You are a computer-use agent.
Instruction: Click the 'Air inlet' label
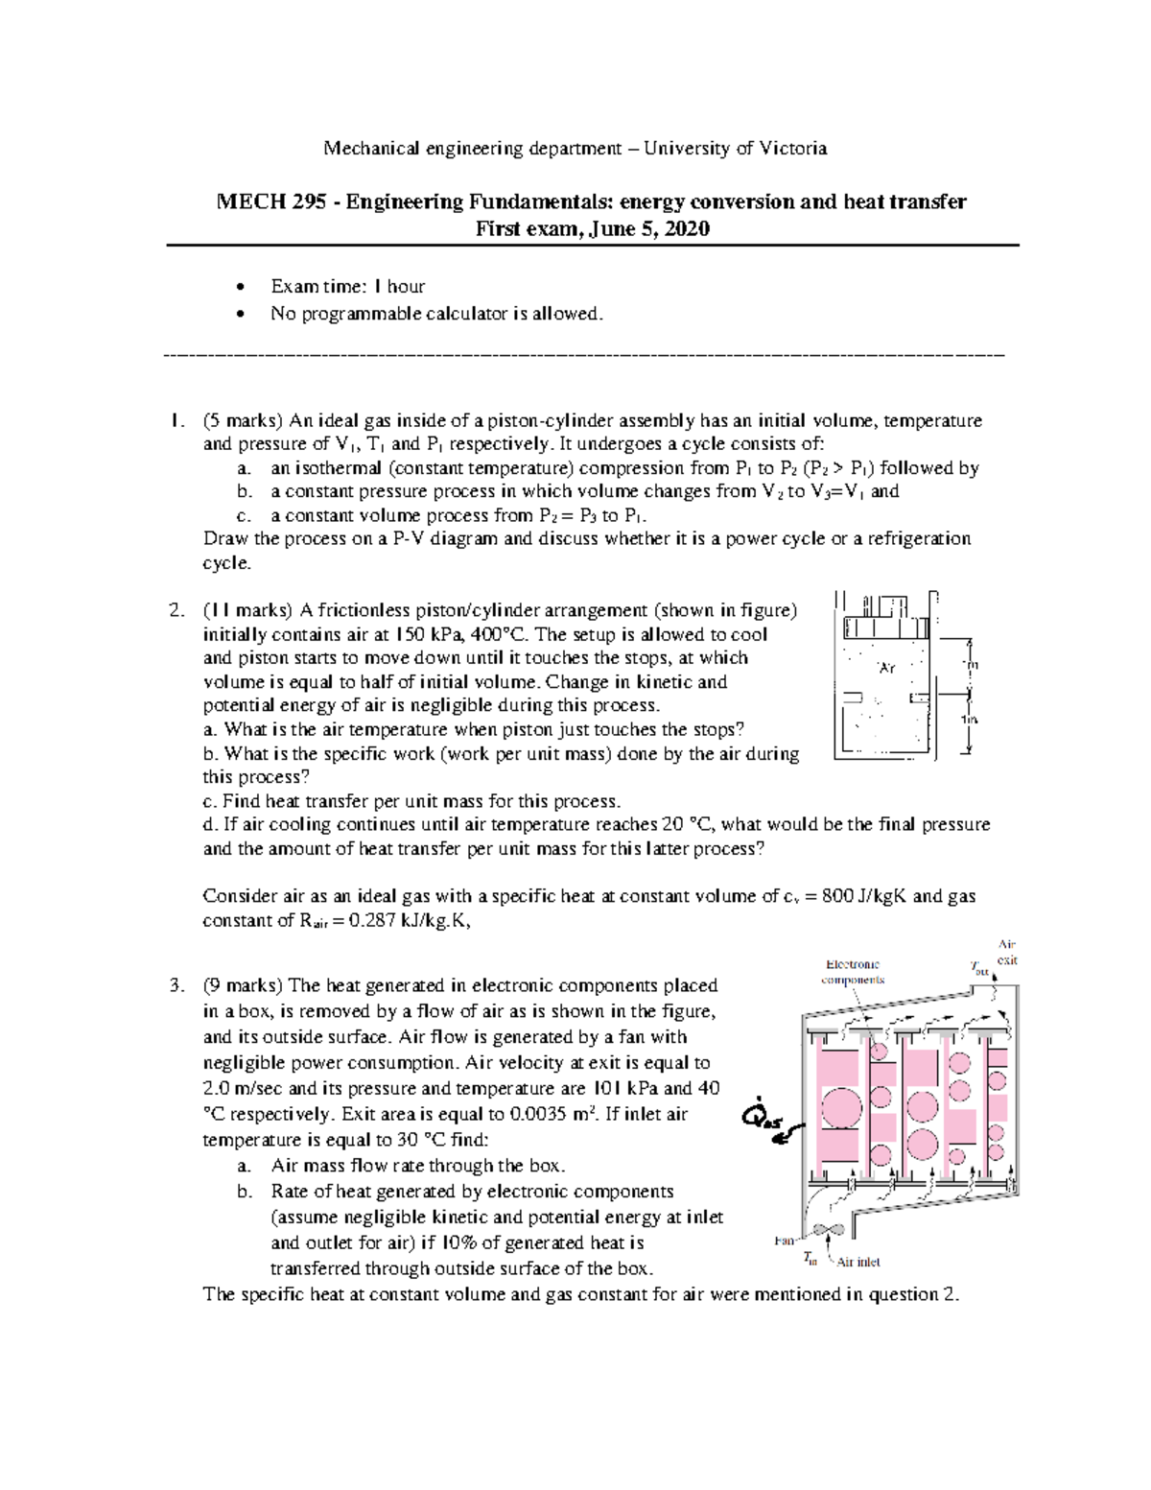click(x=858, y=1262)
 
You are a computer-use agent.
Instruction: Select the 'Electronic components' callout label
click(x=853, y=972)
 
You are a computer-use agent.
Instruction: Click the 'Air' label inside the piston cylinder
click(x=887, y=667)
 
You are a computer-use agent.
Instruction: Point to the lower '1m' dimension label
click(x=971, y=721)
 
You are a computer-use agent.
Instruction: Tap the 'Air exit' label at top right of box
click(x=1007, y=952)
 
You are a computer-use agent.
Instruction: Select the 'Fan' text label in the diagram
click(x=785, y=1241)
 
